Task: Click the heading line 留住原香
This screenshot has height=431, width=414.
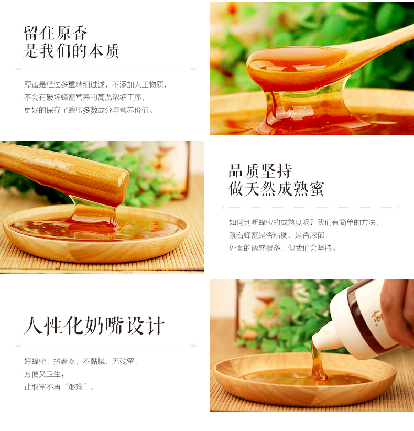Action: [56, 33]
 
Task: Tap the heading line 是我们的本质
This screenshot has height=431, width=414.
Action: [71, 51]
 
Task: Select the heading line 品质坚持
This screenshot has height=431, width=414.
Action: [260, 171]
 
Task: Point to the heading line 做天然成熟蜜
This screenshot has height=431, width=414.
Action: [276, 189]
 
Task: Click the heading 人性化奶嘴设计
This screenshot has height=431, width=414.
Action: [94, 326]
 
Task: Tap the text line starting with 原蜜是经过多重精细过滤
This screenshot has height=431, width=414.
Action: [95, 84]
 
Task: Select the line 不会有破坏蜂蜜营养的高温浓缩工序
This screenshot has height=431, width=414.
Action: [84, 98]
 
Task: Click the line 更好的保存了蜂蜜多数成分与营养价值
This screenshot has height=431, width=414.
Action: [89, 110]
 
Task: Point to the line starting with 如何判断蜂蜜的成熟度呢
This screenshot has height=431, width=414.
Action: [304, 222]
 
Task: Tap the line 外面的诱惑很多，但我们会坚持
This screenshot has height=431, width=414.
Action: [282, 248]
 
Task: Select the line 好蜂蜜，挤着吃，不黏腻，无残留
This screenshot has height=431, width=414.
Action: [81, 361]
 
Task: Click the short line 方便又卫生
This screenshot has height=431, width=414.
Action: [44, 374]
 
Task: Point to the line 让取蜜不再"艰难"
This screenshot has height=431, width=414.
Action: [59, 387]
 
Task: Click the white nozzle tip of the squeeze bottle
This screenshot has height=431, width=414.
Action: [316, 339]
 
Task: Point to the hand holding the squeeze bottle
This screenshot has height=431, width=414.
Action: [397, 314]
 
